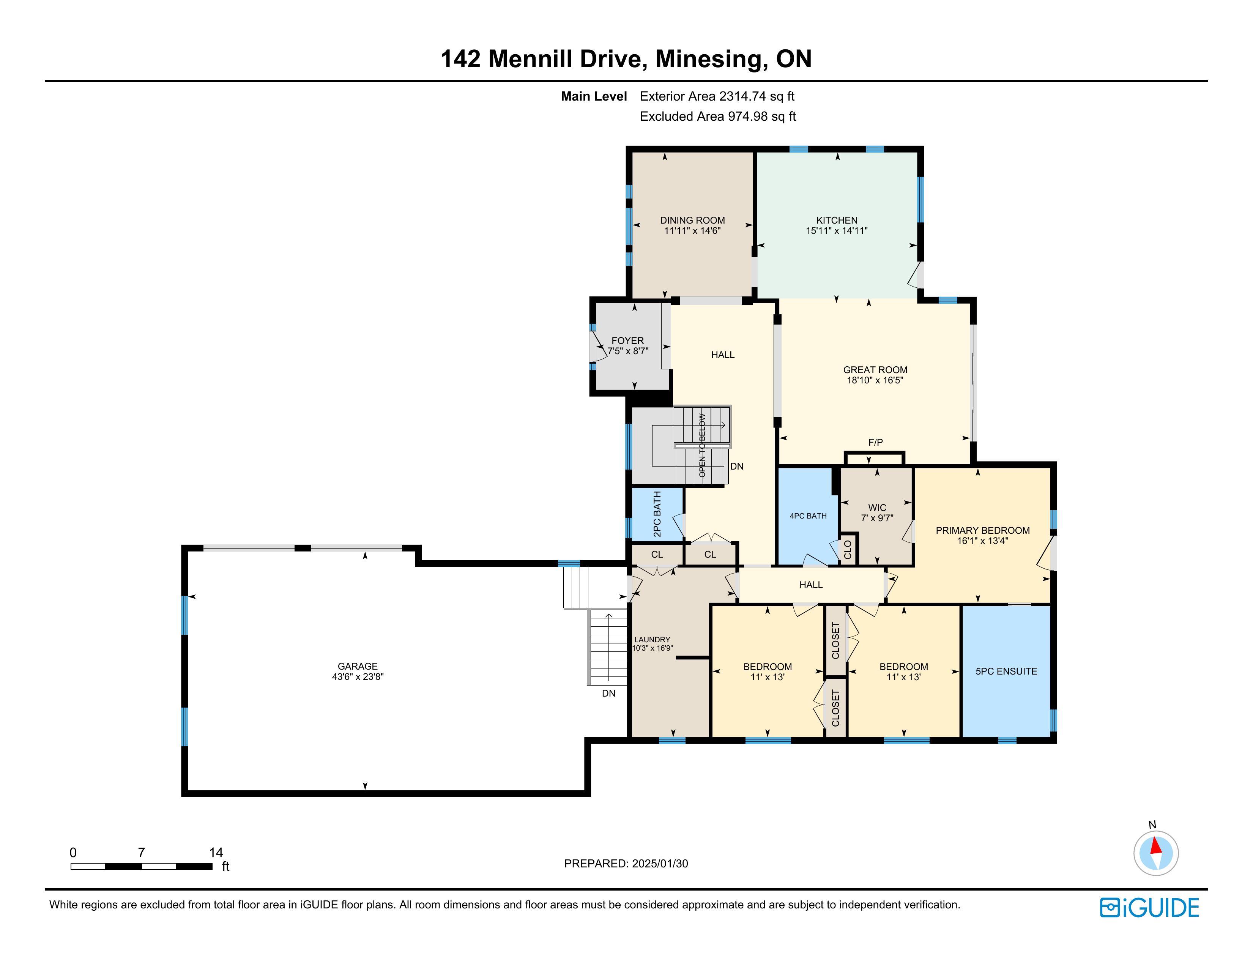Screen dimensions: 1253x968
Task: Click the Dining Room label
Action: click(x=692, y=220)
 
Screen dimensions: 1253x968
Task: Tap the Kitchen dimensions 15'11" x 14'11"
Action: click(x=837, y=231)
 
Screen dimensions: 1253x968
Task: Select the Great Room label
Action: click(x=875, y=370)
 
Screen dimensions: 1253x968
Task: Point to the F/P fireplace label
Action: click(x=875, y=442)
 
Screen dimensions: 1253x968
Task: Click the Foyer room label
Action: click(x=628, y=341)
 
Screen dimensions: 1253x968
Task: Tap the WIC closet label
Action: click(x=877, y=508)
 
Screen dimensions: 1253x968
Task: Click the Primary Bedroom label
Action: click(x=983, y=531)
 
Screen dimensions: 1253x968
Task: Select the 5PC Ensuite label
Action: click(x=1006, y=672)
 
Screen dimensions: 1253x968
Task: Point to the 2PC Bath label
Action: click(x=657, y=514)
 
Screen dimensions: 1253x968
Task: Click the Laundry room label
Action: click(x=653, y=640)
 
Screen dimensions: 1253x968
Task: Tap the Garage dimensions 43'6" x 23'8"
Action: click(x=358, y=676)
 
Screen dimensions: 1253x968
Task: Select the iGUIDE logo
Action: click(x=1149, y=908)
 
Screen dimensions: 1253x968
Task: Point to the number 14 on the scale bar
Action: click(x=216, y=853)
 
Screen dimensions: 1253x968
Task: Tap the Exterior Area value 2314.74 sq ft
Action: click(x=757, y=96)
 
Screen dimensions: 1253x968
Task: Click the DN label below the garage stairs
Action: click(x=609, y=693)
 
